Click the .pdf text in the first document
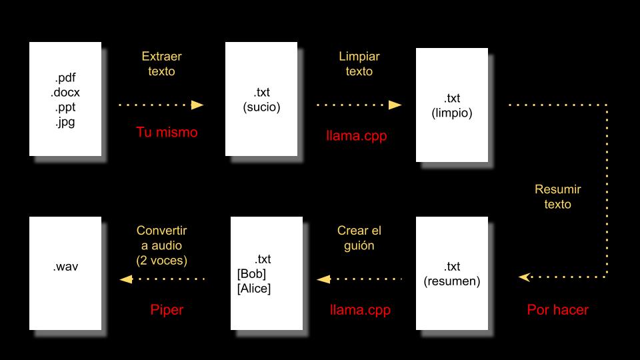point(65,77)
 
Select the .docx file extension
point(65,92)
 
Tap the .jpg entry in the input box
point(65,122)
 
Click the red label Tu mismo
point(167,132)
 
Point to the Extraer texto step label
point(161,64)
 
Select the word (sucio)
point(261,107)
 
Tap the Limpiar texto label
point(359,64)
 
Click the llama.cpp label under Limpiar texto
point(356,136)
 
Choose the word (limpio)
point(452,113)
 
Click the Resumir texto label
point(557,197)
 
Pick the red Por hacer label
point(558,309)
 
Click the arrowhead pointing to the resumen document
point(525,277)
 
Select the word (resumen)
point(452,281)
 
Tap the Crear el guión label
point(359,238)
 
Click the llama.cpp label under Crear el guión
point(360,309)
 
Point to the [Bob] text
point(251,274)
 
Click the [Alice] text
point(254,289)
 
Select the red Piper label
point(167,309)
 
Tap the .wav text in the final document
point(65,267)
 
